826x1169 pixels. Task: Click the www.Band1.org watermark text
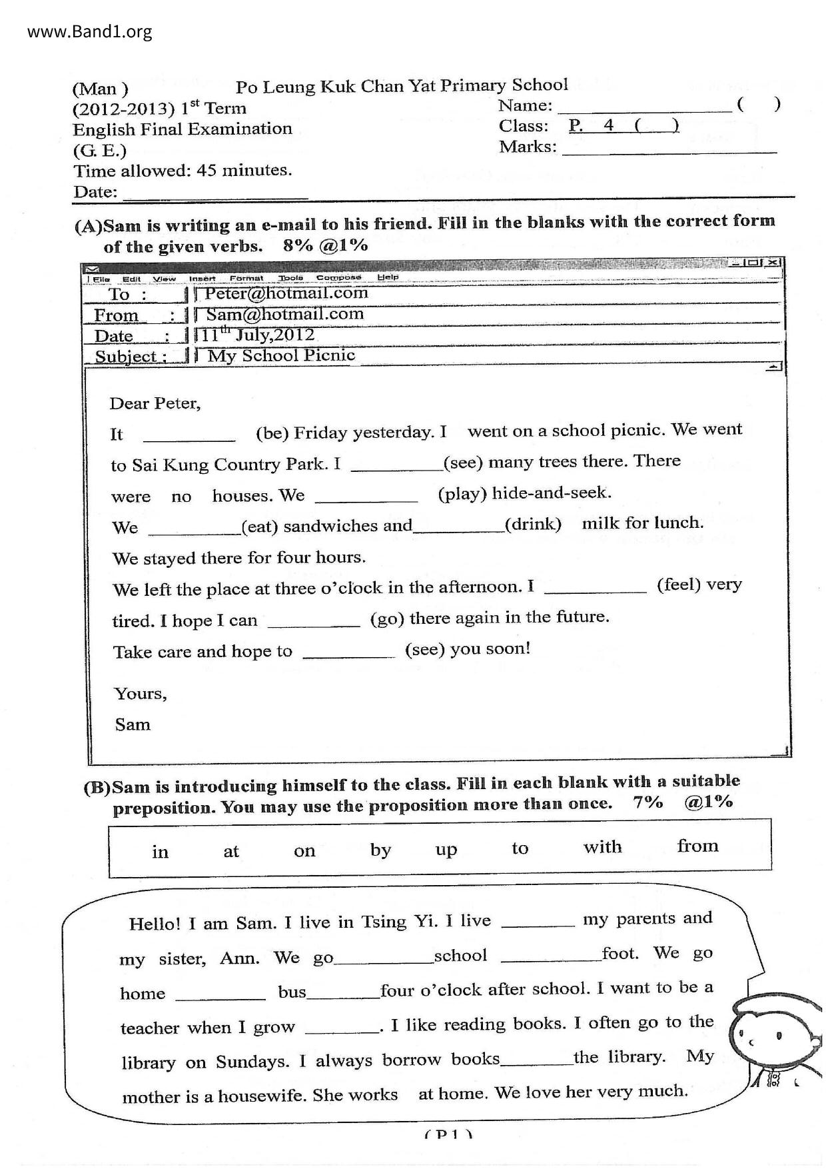click(x=90, y=31)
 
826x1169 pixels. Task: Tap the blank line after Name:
click(x=644, y=107)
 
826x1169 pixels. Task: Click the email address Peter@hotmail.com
click(x=286, y=293)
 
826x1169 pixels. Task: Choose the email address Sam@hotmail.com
click(x=285, y=314)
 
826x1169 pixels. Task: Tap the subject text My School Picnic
click(x=281, y=355)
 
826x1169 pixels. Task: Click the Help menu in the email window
click(x=388, y=277)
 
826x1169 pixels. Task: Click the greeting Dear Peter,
click(x=155, y=403)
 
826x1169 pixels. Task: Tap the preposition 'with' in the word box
click(x=602, y=847)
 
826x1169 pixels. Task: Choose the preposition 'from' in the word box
click(x=697, y=846)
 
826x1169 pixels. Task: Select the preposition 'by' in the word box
click(x=380, y=850)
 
